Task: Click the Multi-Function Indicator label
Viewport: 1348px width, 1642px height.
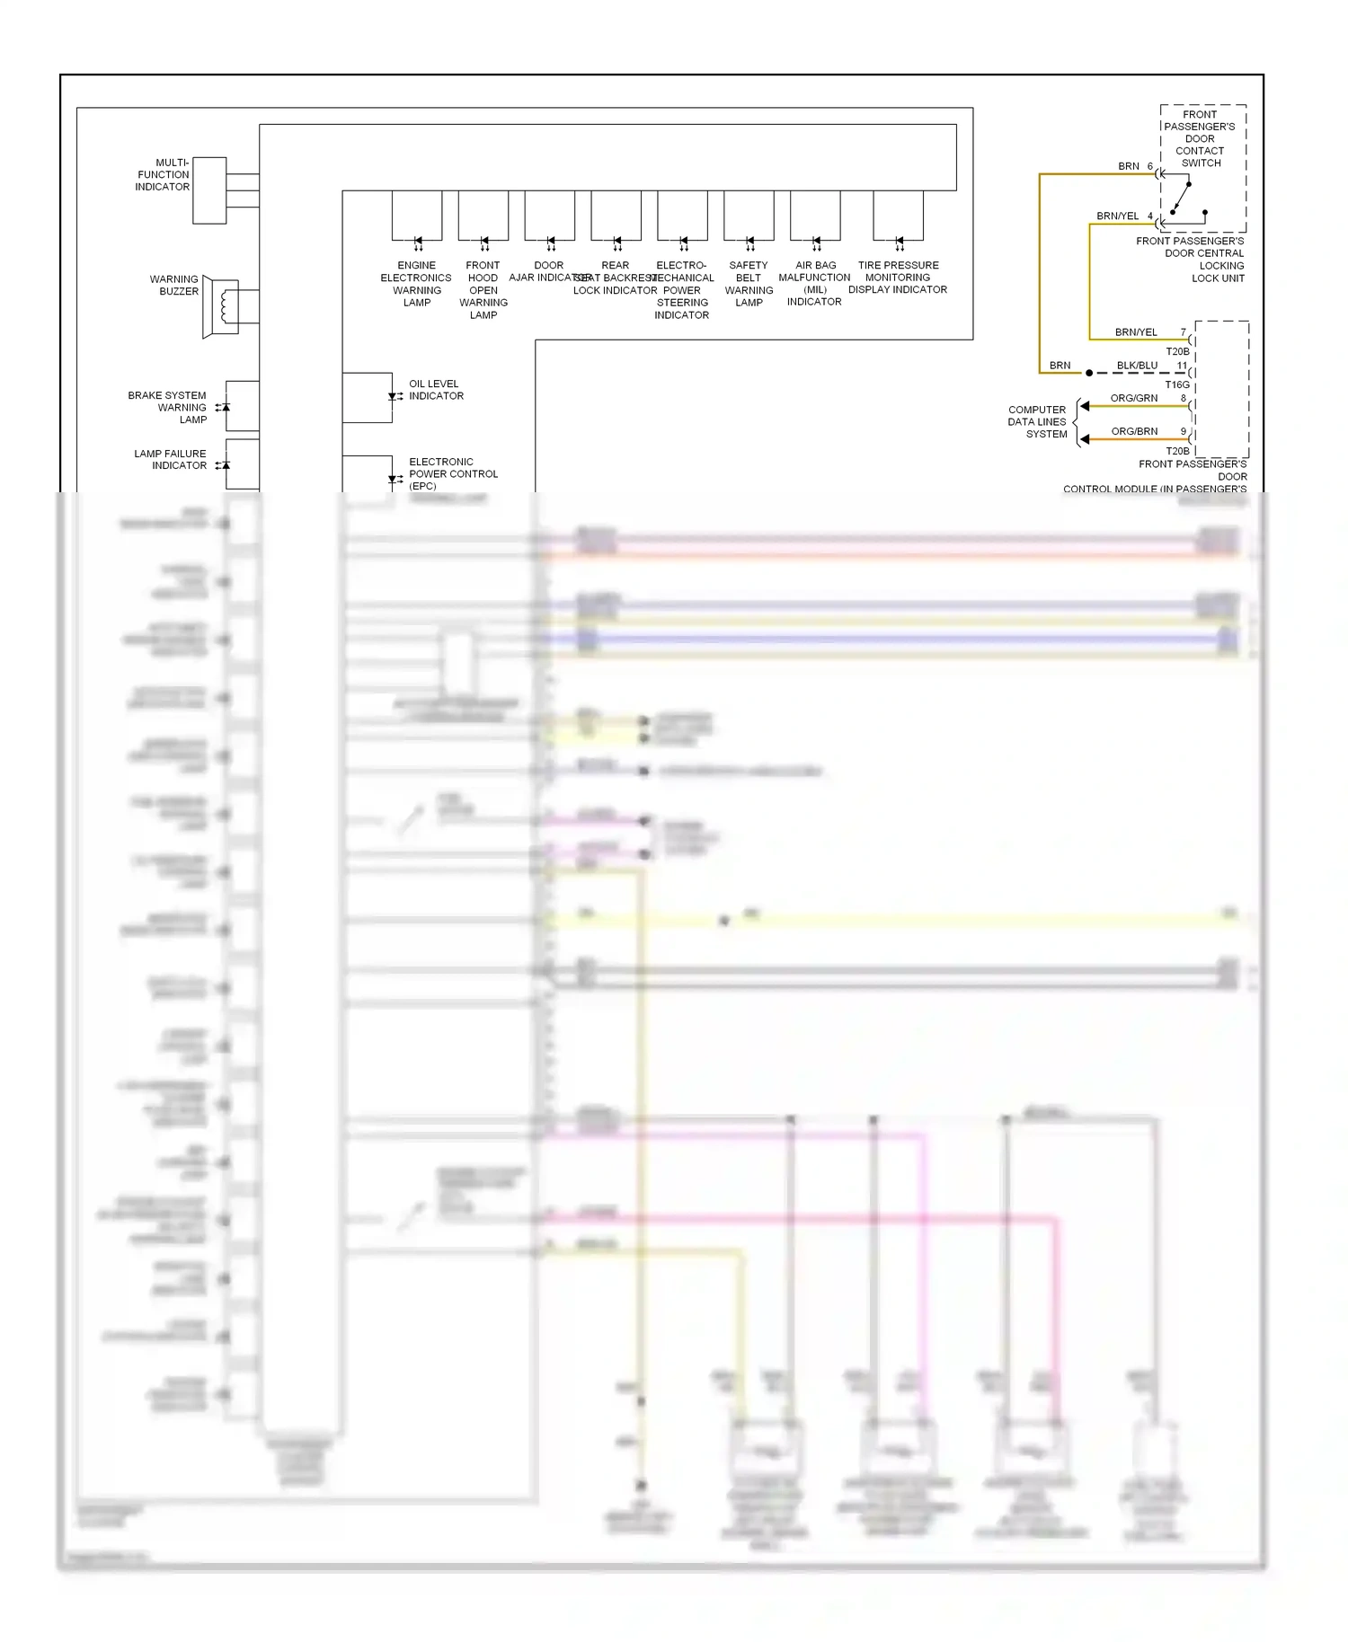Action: click(163, 175)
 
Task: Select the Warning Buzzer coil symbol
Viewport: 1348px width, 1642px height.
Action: click(224, 307)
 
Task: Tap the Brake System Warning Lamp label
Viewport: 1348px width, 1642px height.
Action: click(168, 407)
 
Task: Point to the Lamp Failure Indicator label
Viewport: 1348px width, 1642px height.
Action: click(171, 459)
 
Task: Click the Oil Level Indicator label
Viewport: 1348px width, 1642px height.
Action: click(436, 390)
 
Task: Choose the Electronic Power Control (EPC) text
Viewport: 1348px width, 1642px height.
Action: click(452, 473)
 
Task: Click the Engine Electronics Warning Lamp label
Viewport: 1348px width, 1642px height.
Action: click(416, 284)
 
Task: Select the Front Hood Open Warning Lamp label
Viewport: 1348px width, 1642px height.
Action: click(483, 289)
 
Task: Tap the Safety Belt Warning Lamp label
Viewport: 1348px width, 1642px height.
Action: click(749, 284)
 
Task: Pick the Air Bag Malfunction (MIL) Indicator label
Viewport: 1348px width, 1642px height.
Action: click(814, 283)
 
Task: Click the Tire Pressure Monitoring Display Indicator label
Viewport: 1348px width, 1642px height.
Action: click(898, 278)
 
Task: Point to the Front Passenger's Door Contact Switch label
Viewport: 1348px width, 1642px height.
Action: click(1200, 138)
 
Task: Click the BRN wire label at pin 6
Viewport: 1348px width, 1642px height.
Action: click(1129, 166)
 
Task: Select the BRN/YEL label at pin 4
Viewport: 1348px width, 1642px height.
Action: click(1117, 216)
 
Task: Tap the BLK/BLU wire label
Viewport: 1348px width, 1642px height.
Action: click(1137, 366)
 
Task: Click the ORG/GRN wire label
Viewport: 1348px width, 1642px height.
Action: click(1134, 398)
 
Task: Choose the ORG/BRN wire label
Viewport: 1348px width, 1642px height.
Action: click(1134, 431)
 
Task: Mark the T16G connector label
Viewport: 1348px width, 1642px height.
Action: click(1177, 384)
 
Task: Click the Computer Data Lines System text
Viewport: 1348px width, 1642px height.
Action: click(1038, 421)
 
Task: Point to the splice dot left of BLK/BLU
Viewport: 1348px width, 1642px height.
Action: click(1089, 373)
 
